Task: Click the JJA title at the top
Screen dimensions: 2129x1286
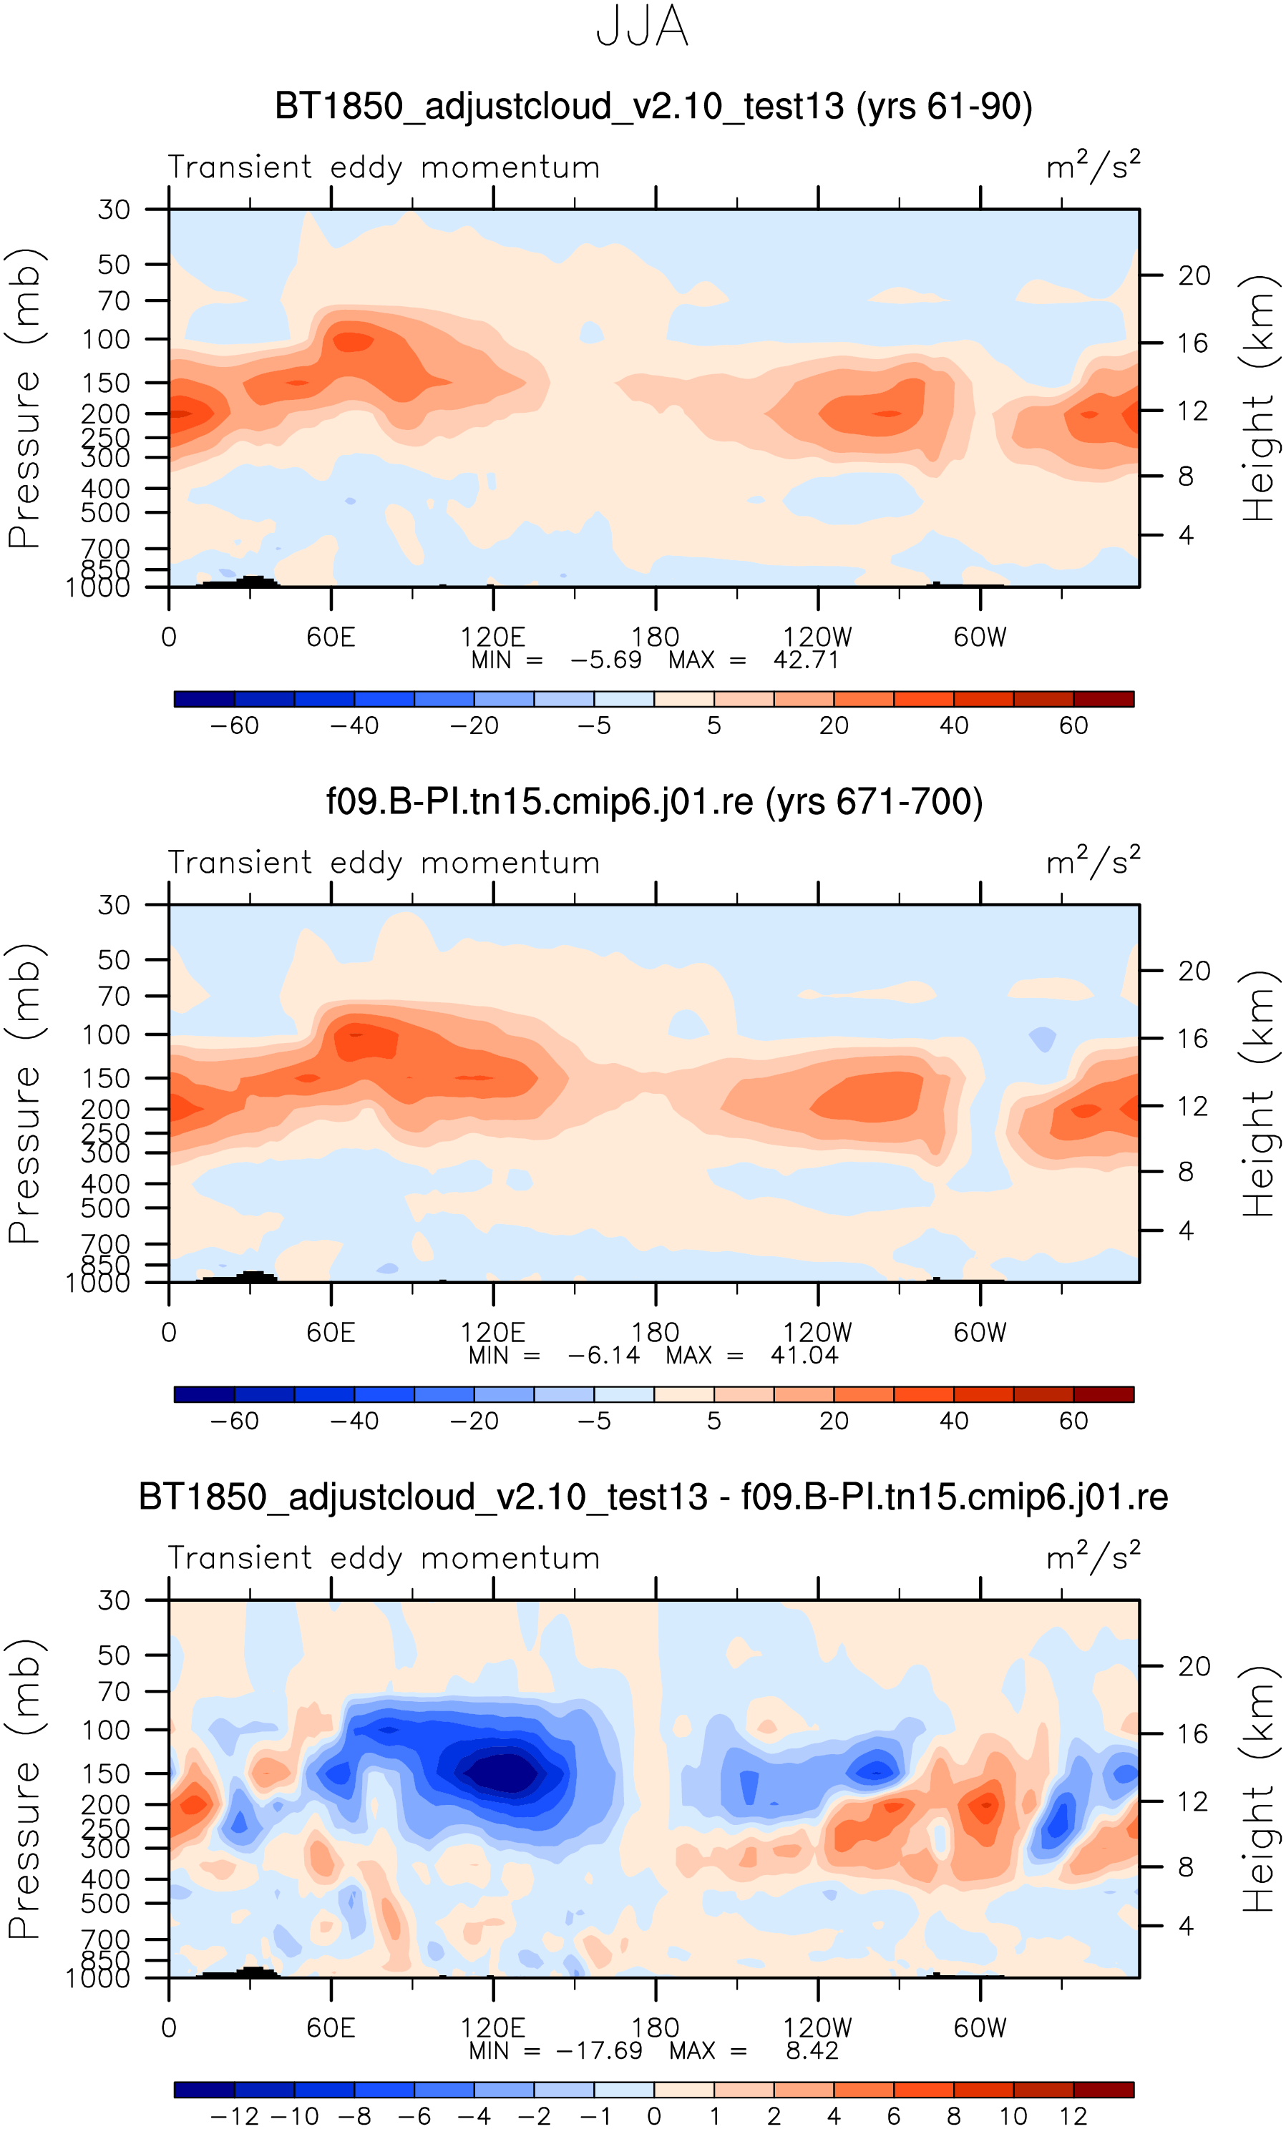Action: point(642,26)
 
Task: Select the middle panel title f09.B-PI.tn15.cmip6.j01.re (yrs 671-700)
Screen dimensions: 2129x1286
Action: point(654,802)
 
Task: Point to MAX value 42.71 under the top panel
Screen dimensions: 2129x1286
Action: point(806,660)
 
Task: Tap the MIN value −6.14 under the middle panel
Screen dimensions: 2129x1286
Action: point(603,1355)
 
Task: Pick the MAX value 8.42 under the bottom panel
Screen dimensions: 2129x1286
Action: point(812,2050)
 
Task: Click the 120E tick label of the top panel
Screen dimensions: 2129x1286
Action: point(492,637)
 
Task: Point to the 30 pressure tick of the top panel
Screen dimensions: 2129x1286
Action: point(114,210)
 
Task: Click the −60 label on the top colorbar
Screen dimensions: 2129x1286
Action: point(234,726)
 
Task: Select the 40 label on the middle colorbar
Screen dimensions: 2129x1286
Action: point(953,1421)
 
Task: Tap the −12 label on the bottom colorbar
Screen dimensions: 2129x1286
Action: point(234,2116)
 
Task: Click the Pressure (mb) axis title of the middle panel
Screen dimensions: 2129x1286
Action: point(24,1093)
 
